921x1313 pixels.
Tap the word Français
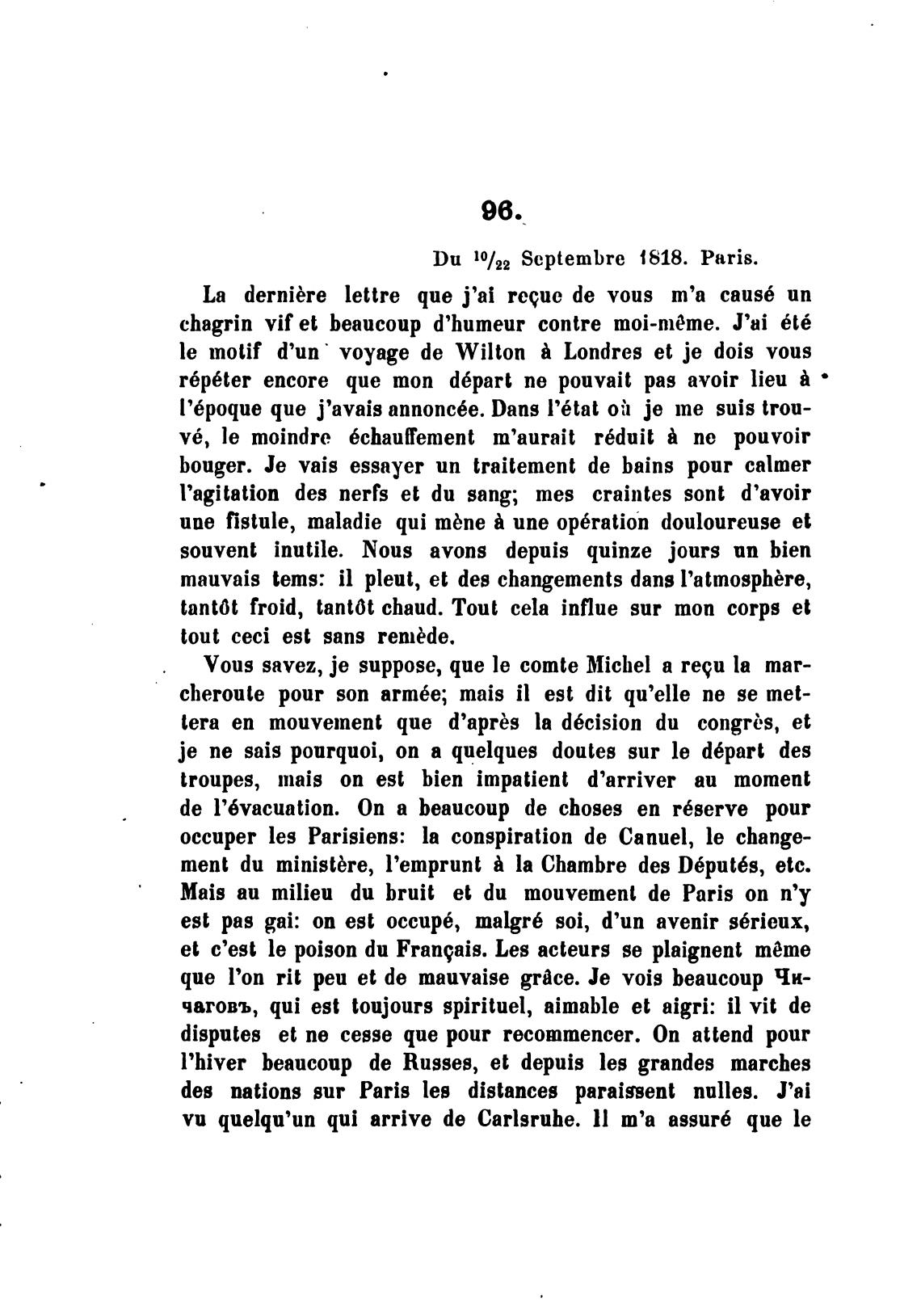(x=439, y=949)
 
